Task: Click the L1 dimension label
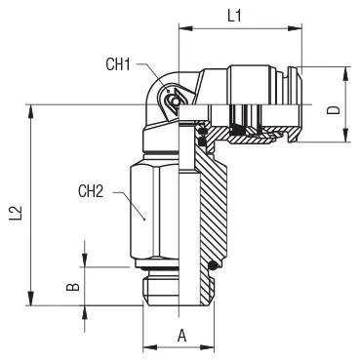(x=234, y=16)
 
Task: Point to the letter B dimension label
(x=73, y=287)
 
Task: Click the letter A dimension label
(x=182, y=336)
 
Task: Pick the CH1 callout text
(x=118, y=64)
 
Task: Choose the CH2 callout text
(x=91, y=191)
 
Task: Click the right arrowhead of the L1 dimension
(x=295, y=28)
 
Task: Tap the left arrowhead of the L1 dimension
(x=186, y=28)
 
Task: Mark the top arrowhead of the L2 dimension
(x=31, y=111)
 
